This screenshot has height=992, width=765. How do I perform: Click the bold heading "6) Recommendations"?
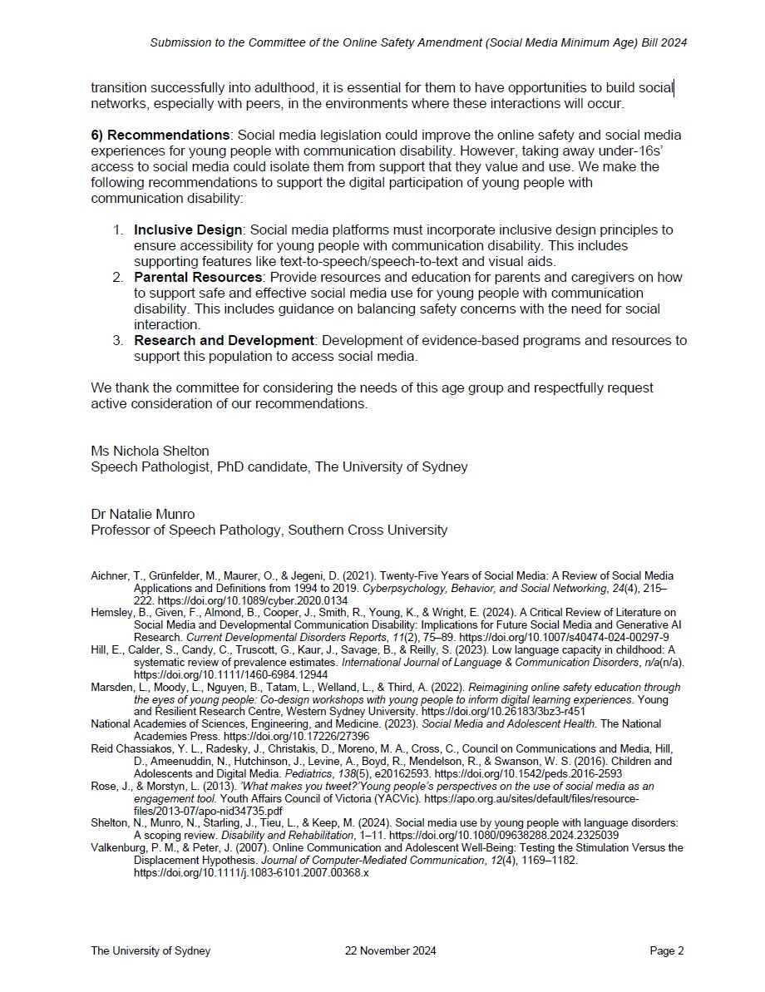click(160, 135)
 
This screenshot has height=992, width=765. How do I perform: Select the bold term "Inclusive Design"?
click(188, 229)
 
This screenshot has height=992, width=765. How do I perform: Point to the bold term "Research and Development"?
click(224, 341)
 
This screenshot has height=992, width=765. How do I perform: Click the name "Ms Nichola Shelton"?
click(150, 451)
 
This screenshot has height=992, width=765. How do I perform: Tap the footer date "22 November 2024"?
click(390, 951)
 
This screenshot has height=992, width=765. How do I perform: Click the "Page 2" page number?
click(667, 951)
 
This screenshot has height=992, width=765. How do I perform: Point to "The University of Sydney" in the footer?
click(151, 951)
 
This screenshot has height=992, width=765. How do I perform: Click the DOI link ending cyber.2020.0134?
click(254, 600)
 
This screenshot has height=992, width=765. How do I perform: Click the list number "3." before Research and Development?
click(119, 341)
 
